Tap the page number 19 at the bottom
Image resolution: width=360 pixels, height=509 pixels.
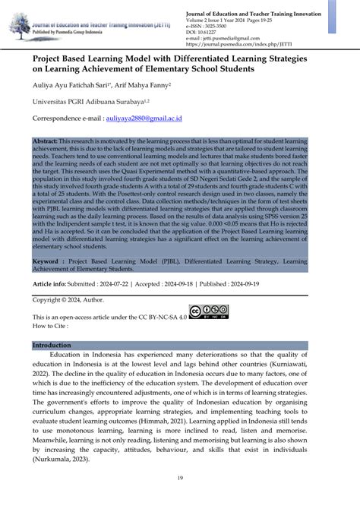pos(179,477)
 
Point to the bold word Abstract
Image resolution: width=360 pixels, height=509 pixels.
pos(46,142)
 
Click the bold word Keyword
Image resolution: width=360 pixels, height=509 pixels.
pos(47,259)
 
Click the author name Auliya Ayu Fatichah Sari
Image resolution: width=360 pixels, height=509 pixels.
pos(73,85)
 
